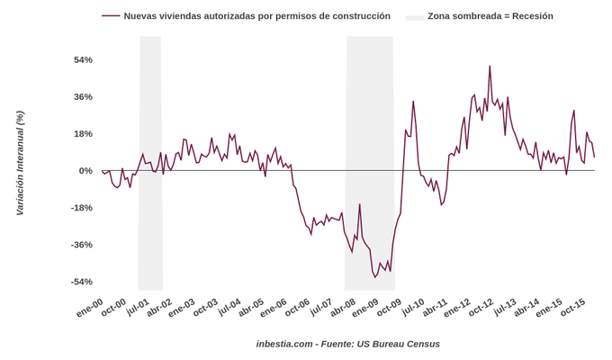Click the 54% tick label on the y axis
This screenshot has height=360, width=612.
pyautogui.click(x=83, y=59)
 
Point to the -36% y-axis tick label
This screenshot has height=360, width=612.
pyautogui.click(x=81, y=245)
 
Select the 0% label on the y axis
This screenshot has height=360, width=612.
pyautogui.click(x=85, y=171)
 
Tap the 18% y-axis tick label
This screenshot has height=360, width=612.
pyautogui.click(x=83, y=134)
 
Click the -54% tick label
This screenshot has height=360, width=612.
pyautogui.click(x=81, y=282)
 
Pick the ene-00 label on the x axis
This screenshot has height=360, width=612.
pyautogui.click(x=90, y=308)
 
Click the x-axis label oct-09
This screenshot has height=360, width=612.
pyautogui.click(x=389, y=308)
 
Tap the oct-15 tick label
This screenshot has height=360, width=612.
pyautogui.click(x=573, y=308)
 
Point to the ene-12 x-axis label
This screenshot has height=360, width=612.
pyautogui.click(x=458, y=308)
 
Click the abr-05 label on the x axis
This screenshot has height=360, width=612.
pyautogui.click(x=251, y=308)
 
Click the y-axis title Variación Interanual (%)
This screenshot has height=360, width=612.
pyautogui.click(x=20, y=164)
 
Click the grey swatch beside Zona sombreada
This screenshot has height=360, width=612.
pyautogui.click(x=414, y=16)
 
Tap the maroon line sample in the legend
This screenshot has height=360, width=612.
pyautogui.click(x=111, y=16)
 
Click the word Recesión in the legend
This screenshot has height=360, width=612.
pyautogui.click(x=532, y=16)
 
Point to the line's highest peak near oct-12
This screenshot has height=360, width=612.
pyautogui.click(x=490, y=67)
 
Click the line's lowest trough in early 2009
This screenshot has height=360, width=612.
pyautogui.click(x=375, y=277)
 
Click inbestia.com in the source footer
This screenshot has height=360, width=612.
pyautogui.click(x=284, y=344)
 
